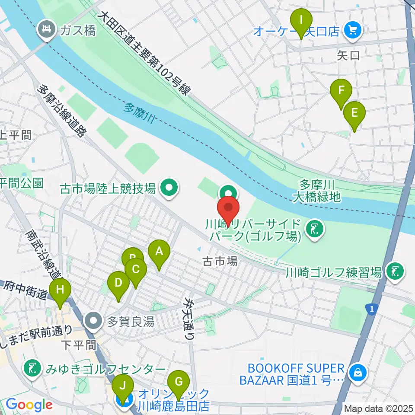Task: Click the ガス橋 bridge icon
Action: point(45,30)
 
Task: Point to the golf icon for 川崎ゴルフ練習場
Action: point(395,271)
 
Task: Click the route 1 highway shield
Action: point(370,308)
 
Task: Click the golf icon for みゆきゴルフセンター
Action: point(32,368)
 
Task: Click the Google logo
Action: point(29,404)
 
